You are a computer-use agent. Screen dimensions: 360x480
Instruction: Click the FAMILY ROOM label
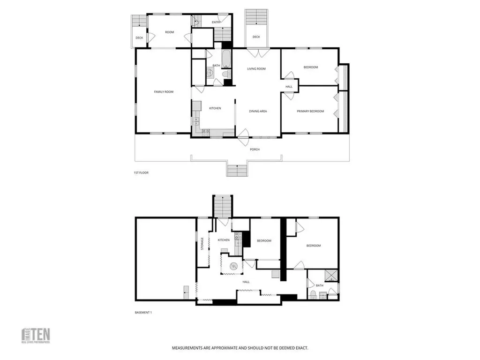click(x=164, y=92)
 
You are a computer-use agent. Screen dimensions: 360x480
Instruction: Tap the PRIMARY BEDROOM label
click(x=310, y=111)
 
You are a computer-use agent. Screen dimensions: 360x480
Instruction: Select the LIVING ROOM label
click(x=256, y=69)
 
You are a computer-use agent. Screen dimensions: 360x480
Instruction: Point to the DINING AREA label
click(x=258, y=111)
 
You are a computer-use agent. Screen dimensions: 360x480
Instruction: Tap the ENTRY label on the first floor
click(x=216, y=22)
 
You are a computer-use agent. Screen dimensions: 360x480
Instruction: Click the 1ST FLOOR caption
click(x=141, y=173)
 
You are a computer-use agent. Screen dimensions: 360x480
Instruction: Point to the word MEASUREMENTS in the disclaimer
click(x=188, y=348)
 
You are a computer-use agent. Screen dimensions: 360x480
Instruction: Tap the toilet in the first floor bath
click(x=225, y=74)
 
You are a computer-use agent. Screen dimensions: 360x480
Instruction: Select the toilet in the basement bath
click(x=313, y=294)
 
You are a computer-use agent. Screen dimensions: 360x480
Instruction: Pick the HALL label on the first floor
click(x=289, y=87)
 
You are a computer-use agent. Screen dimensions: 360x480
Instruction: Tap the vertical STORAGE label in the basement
click(x=202, y=244)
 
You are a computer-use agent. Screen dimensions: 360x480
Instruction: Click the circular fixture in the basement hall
click(x=232, y=266)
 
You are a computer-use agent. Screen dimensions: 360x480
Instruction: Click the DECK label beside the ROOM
click(x=139, y=38)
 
